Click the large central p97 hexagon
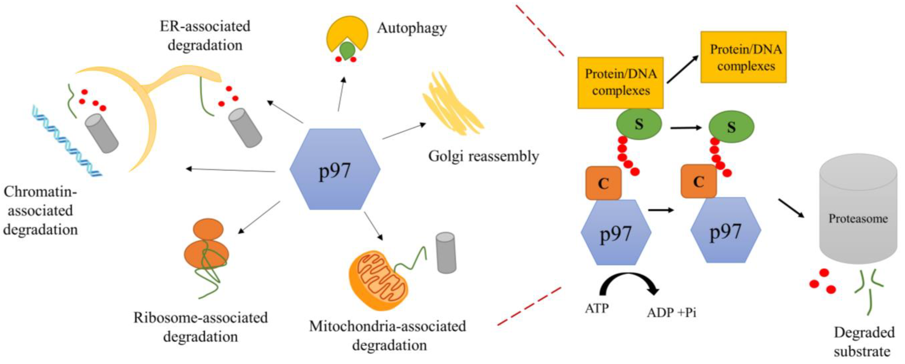point(335,169)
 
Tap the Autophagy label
point(412,28)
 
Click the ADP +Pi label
point(671,312)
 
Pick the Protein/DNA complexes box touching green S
point(620,83)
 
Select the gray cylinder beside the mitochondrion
point(446,252)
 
